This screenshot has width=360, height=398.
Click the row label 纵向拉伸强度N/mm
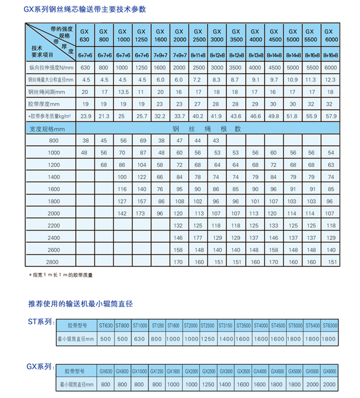(51, 67)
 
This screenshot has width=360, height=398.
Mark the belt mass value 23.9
(85, 116)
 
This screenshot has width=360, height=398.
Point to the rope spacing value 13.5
(123, 92)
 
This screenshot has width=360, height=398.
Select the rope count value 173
(142, 213)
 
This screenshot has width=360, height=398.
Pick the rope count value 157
(142, 201)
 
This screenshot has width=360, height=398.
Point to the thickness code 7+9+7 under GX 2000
(179, 54)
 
